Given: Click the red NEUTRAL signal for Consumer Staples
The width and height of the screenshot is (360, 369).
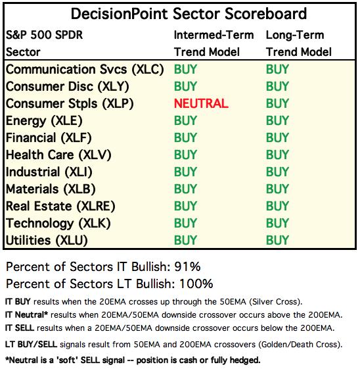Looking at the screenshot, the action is [x=201, y=103].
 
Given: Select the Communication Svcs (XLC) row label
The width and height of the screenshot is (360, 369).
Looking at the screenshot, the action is [x=85, y=70].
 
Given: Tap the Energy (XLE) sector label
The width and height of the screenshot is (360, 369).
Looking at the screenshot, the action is [x=44, y=121].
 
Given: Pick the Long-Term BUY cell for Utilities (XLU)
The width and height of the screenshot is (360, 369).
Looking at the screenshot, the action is [x=277, y=240].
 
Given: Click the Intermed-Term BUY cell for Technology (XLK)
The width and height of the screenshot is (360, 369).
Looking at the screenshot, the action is [x=185, y=223].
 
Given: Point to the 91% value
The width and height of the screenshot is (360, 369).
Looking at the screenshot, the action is [x=187, y=266].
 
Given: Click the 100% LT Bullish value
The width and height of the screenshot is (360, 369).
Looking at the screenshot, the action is [x=196, y=283].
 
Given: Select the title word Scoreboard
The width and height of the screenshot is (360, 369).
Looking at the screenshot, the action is [x=266, y=14].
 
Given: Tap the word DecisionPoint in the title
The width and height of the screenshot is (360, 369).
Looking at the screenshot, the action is [x=120, y=14].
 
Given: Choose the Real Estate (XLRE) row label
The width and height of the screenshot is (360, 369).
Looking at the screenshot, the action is [x=60, y=207].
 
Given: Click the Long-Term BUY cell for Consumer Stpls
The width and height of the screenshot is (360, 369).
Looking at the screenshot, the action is [x=277, y=103].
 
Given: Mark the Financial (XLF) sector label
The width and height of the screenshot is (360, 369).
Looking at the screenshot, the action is [x=49, y=138].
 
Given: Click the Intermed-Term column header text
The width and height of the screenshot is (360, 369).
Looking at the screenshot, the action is [x=214, y=35].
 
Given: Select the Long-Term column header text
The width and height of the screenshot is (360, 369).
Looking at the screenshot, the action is [x=295, y=36].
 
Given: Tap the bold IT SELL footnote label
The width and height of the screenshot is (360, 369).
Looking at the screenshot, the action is [x=20, y=328].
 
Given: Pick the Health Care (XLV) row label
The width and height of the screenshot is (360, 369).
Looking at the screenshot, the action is [x=58, y=155].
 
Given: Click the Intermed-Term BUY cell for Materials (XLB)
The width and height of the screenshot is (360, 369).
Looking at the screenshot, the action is [x=185, y=189].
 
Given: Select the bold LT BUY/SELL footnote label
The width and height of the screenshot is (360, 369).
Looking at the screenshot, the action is [x=31, y=345].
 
